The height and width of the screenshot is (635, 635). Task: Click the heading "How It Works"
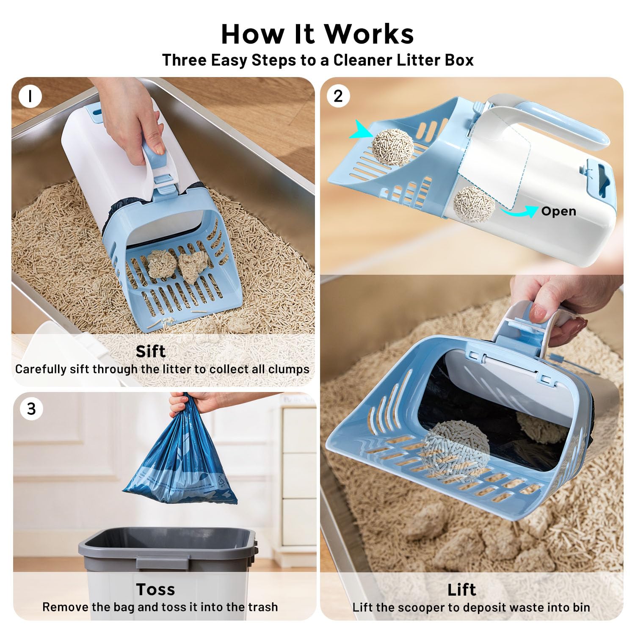317,34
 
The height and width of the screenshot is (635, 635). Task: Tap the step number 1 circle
30,96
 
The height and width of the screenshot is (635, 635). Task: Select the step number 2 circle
338,96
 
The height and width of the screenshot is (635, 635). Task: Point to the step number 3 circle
31,409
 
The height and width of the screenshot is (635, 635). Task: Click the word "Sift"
150,351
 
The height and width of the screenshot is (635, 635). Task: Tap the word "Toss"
155,589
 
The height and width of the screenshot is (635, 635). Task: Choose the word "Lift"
461,589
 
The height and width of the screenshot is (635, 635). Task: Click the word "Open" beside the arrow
558,211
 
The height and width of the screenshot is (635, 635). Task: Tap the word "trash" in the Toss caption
262,607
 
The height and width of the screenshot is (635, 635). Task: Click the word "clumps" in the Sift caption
289,369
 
